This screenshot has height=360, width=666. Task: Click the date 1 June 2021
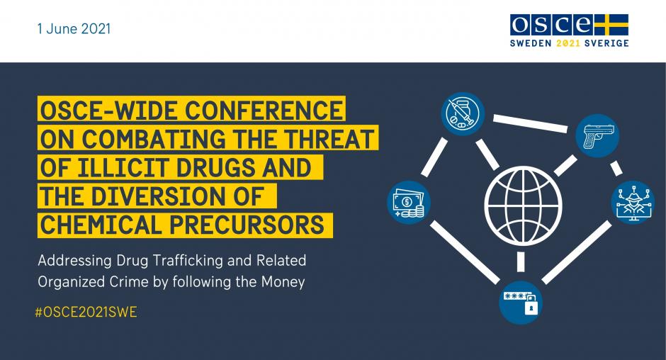click(x=74, y=29)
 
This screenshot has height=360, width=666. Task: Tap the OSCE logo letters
click(x=552, y=25)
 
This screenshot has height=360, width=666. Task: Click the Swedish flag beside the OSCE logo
click(x=611, y=25)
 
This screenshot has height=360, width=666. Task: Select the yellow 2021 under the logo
click(x=568, y=43)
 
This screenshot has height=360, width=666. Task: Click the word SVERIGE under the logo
click(x=606, y=43)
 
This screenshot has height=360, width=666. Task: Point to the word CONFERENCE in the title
click(x=264, y=110)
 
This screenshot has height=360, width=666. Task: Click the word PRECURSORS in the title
click(x=247, y=225)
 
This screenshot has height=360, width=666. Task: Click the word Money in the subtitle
click(x=283, y=282)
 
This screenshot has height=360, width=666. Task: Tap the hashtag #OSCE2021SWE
click(x=86, y=313)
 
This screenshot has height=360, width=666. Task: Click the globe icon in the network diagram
click(x=524, y=206)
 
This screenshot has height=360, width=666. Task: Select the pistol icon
click(x=597, y=136)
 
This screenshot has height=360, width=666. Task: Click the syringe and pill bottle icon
click(x=463, y=114)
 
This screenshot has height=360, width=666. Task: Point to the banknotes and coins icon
click(x=409, y=203)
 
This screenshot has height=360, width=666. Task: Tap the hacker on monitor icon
click(x=633, y=202)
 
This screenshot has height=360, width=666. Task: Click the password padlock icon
click(x=521, y=303)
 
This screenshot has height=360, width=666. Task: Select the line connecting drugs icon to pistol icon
click(x=530, y=123)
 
